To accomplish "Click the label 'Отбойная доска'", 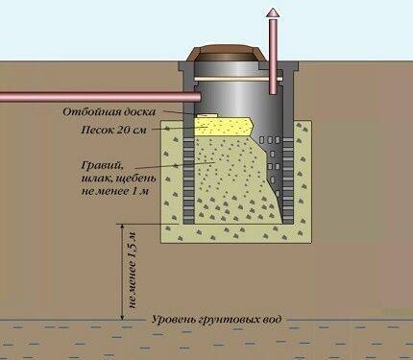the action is (109, 112).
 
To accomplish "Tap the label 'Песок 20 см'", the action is (113, 130).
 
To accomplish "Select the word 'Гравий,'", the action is (102, 166).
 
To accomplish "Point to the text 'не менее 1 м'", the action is (115, 192).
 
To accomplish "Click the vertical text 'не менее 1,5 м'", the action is (133, 271).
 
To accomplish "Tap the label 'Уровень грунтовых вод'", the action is (217, 320).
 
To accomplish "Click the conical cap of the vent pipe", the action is (273, 13).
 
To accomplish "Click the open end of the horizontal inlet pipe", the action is (197, 97).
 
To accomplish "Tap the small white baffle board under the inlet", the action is (206, 114).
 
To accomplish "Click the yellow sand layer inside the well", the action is (223, 126).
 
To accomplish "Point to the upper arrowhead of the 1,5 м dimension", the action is (122, 227).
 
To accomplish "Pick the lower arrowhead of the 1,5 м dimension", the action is (122, 317).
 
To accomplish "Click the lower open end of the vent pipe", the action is (273, 92).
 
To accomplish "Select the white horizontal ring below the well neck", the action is (238, 79).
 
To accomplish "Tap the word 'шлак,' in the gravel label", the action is (95, 179).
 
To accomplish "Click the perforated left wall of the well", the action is (188, 180).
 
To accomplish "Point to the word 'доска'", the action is (140, 112).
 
